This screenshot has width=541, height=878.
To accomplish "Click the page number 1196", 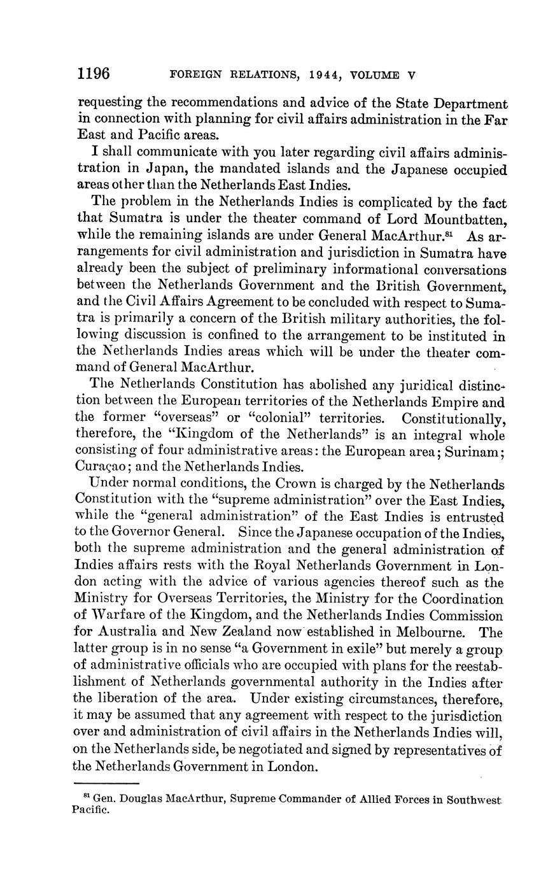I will (94, 74).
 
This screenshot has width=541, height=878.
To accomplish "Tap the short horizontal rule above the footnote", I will (106, 783).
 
